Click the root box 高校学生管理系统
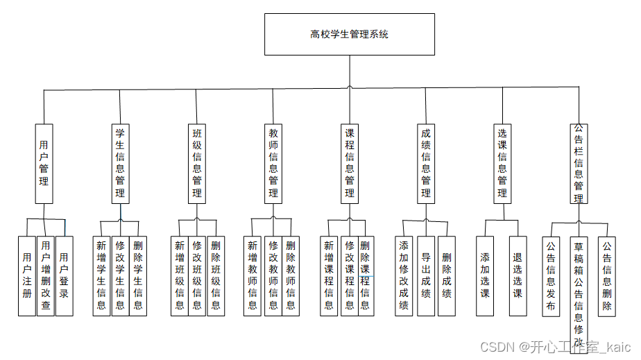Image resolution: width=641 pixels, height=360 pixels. pyautogui.click(x=349, y=34)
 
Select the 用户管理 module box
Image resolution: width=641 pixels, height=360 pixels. pyautogui.click(x=44, y=163)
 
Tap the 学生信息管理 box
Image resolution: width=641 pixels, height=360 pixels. pyautogui.click(x=120, y=163)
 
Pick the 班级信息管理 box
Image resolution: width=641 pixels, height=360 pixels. pyautogui.click(x=197, y=163)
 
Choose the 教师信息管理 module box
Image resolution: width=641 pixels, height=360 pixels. pyautogui.click(x=273, y=163)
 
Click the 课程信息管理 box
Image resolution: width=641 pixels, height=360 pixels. pyautogui.click(x=350, y=163)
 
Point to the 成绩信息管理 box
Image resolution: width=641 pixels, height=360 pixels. pyautogui.click(x=426, y=163)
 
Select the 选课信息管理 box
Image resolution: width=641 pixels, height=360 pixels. pyautogui.click(x=502, y=163)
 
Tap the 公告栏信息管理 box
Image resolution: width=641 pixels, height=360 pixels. pyautogui.click(x=579, y=163)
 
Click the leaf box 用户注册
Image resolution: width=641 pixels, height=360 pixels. pyautogui.click(x=26, y=275)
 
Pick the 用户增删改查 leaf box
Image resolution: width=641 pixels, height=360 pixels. pyautogui.click(x=45, y=275)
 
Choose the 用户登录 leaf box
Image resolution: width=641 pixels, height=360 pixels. pyautogui.click(x=64, y=275)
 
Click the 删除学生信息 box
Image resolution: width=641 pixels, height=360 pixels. pyautogui.click(x=138, y=275)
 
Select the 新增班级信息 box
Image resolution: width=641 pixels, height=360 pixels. pyautogui.click(x=179, y=275)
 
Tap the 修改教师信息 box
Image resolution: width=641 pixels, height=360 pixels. pyautogui.click(x=273, y=275)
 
